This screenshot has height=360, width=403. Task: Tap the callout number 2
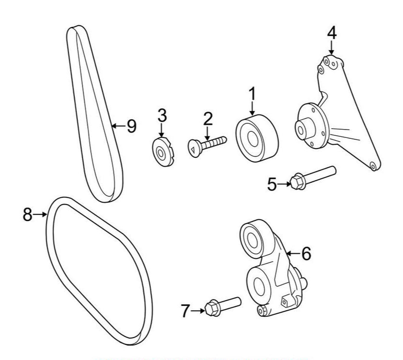click(208, 118)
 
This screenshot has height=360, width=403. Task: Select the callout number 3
click(162, 115)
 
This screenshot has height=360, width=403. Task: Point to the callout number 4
click(331, 33)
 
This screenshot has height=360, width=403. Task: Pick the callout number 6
click(306, 253)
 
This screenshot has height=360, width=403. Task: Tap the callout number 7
click(185, 310)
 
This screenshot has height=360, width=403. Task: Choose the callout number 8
click(27, 214)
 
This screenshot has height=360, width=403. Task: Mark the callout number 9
click(131, 126)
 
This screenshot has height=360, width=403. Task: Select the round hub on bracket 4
click(309, 126)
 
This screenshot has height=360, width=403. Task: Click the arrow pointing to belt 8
click(41, 214)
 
